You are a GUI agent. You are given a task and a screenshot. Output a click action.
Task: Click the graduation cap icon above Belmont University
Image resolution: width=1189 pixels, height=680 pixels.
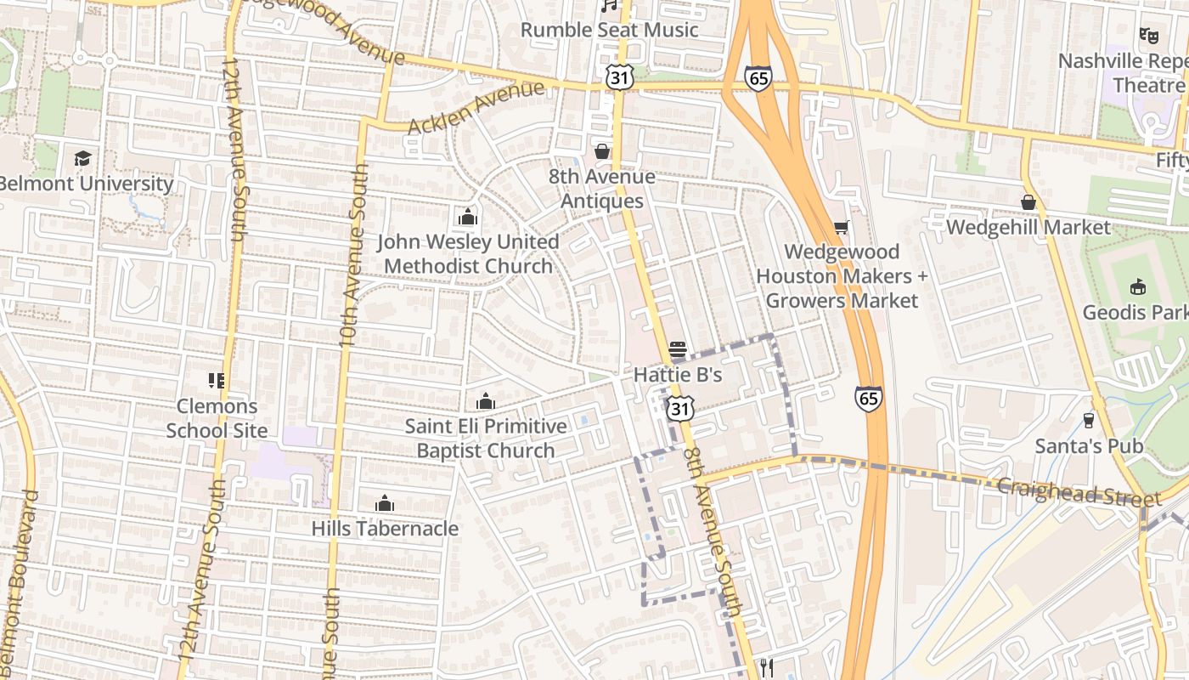click(x=82, y=158)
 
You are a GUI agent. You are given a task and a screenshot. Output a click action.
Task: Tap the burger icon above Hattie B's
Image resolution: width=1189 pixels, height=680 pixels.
click(x=677, y=349)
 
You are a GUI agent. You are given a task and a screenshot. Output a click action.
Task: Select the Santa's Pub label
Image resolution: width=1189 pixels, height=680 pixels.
click(x=1088, y=446)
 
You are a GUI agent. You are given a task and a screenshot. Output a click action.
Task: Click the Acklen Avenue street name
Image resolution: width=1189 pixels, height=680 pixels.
click(x=475, y=107)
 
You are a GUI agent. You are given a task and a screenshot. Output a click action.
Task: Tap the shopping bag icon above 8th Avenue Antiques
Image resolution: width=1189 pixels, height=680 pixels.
click(x=602, y=151)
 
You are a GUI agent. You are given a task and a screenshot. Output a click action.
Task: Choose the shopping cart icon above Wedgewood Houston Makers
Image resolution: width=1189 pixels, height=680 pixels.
click(x=841, y=227)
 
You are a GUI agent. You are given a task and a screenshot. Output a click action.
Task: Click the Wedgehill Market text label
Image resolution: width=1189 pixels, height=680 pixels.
click(x=1028, y=227)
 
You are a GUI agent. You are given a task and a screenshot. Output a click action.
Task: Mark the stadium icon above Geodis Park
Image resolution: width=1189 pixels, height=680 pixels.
click(x=1137, y=286)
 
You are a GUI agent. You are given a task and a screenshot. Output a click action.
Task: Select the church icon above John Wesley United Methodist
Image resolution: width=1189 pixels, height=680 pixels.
click(x=467, y=218)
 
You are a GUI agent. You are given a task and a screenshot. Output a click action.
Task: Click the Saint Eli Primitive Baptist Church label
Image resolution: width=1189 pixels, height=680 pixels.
click(x=485, y=438)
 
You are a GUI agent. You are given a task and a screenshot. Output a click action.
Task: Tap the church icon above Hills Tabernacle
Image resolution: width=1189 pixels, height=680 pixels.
click(x=385, y=503)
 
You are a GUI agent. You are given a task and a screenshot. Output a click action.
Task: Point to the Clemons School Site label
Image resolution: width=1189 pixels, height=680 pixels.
click(x=217, y=418)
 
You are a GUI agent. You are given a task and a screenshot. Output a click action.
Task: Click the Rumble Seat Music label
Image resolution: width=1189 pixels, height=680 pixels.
click(x=609, y=30)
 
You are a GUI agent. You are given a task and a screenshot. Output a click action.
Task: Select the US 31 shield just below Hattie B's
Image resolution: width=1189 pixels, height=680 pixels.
click(x=679, y=408)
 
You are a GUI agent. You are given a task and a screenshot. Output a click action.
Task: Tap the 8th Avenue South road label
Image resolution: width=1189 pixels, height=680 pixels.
click(x=714, y=531)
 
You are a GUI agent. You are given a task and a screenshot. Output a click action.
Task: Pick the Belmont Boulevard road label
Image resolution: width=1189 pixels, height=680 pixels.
click(x=20, y=578)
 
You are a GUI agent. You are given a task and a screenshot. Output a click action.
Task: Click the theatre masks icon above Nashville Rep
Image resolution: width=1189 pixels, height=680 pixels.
click(x=1148, y=36)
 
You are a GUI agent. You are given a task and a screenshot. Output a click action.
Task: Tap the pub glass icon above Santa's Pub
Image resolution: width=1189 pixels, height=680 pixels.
click(x=1088, y=420)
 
